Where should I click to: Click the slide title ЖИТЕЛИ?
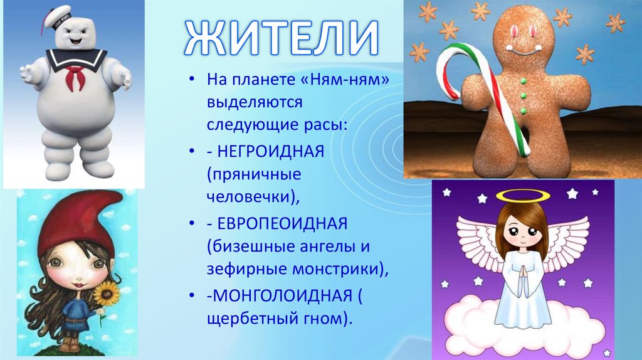[282, 37]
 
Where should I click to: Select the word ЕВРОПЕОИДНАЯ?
[281, 224]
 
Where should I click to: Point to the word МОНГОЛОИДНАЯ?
[282, 296]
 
